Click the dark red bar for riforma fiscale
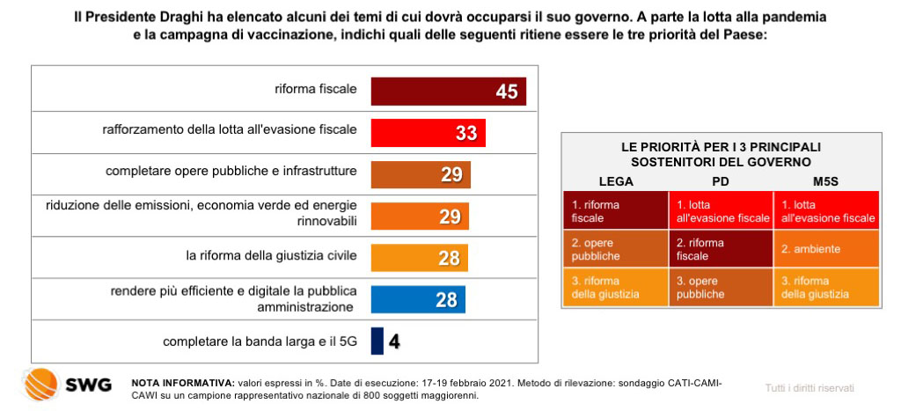pyautogui.click(x=431, y=92)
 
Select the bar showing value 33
pyautogui.click(x=414, y=133)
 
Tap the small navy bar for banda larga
pyautogui.click(x=377, y=341)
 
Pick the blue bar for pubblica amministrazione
pyautogui.click(x=405, y=299)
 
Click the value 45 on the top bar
pyautogui.click(x=506, y=92)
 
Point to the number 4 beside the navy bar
pyautogui.click(x=395, y=341)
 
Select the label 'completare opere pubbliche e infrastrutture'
pyautogui.click(x=231, y=172)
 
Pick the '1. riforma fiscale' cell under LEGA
pyautogui.click(x=616, y=210)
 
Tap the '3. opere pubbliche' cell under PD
pyautogui.click(x=721, y=287)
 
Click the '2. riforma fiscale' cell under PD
pyautogui.click(x=721, y=249)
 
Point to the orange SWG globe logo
pyautogui.click(x=40, y=385)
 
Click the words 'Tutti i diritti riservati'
pyautogui.click(x=809, y=388)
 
